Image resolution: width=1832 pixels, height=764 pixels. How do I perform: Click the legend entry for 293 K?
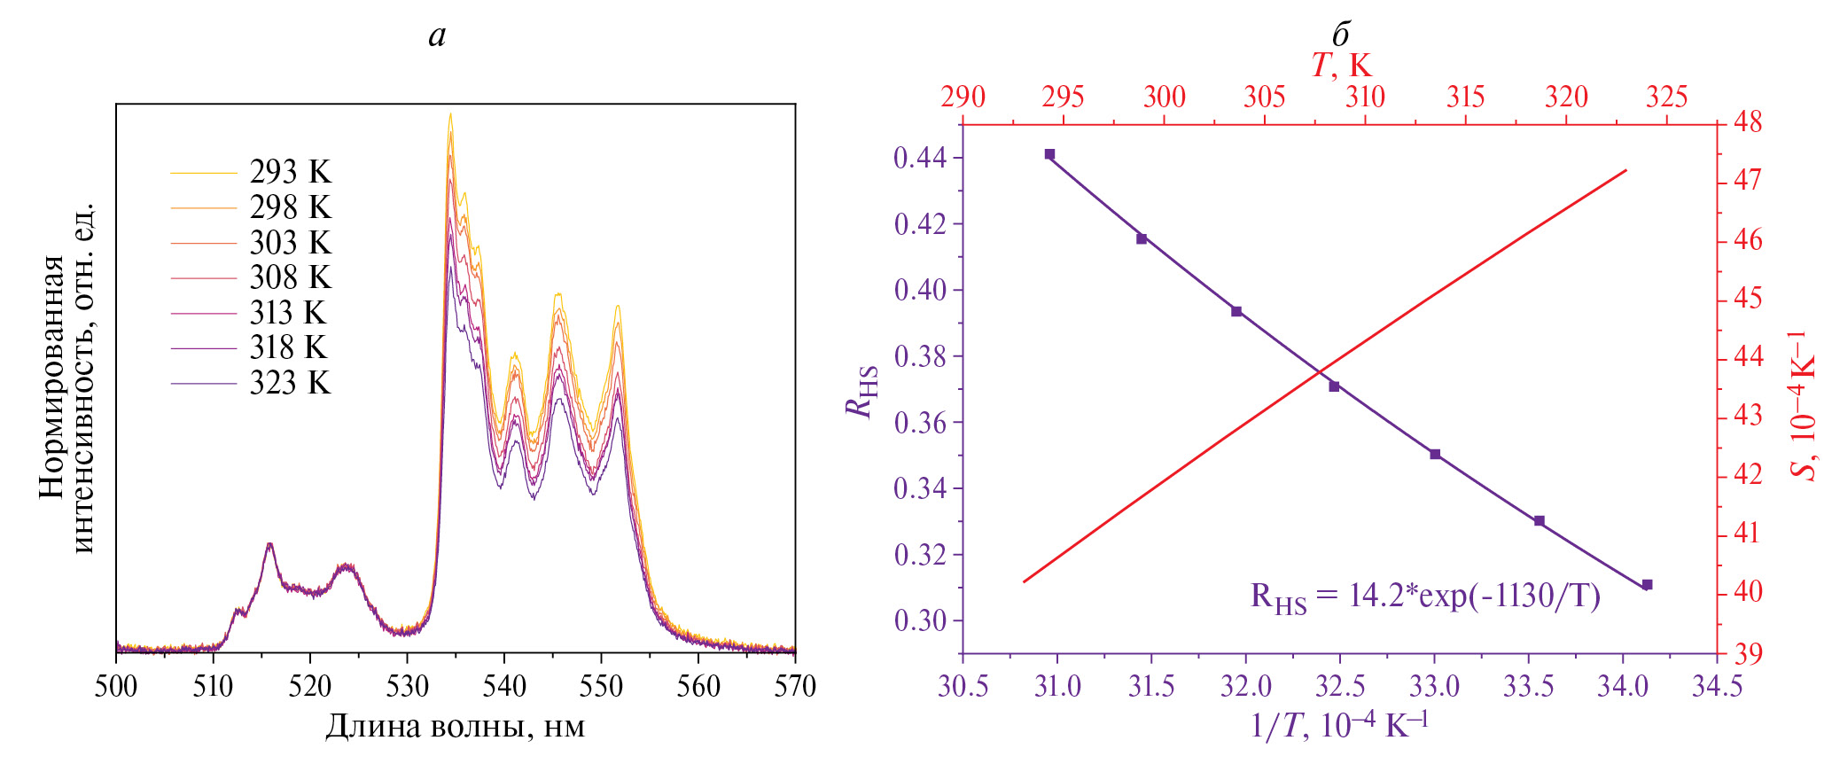pos(290,172)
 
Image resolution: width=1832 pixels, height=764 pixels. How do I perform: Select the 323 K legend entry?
pos(290,383)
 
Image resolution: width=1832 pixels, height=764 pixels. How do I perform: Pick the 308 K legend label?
pos(290,277)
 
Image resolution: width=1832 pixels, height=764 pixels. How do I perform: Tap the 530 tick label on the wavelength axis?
pos(407,686)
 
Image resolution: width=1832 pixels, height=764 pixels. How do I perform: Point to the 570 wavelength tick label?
pos(795,686)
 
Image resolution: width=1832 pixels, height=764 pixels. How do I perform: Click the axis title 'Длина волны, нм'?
pos(455,727)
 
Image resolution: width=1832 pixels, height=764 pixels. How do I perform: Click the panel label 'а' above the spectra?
pos(437,35)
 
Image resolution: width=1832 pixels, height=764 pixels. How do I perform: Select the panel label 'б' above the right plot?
pos(1340,35)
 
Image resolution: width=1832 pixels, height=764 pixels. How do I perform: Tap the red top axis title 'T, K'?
pos(1340,65)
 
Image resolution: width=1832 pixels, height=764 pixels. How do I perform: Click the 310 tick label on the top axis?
pos(1365,97)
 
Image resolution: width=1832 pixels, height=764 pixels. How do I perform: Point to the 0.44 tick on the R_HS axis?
pos(919,159)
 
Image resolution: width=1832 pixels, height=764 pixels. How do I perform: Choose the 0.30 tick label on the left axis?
pos(919,620)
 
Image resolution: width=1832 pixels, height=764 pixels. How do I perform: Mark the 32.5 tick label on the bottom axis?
pos(1340,686)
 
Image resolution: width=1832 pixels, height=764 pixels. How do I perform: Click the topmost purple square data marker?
pos(1049,154)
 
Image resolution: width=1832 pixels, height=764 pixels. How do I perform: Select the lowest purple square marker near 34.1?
pos(1647,585)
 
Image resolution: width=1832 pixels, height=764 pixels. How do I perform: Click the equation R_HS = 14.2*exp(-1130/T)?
pos(1425,596)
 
